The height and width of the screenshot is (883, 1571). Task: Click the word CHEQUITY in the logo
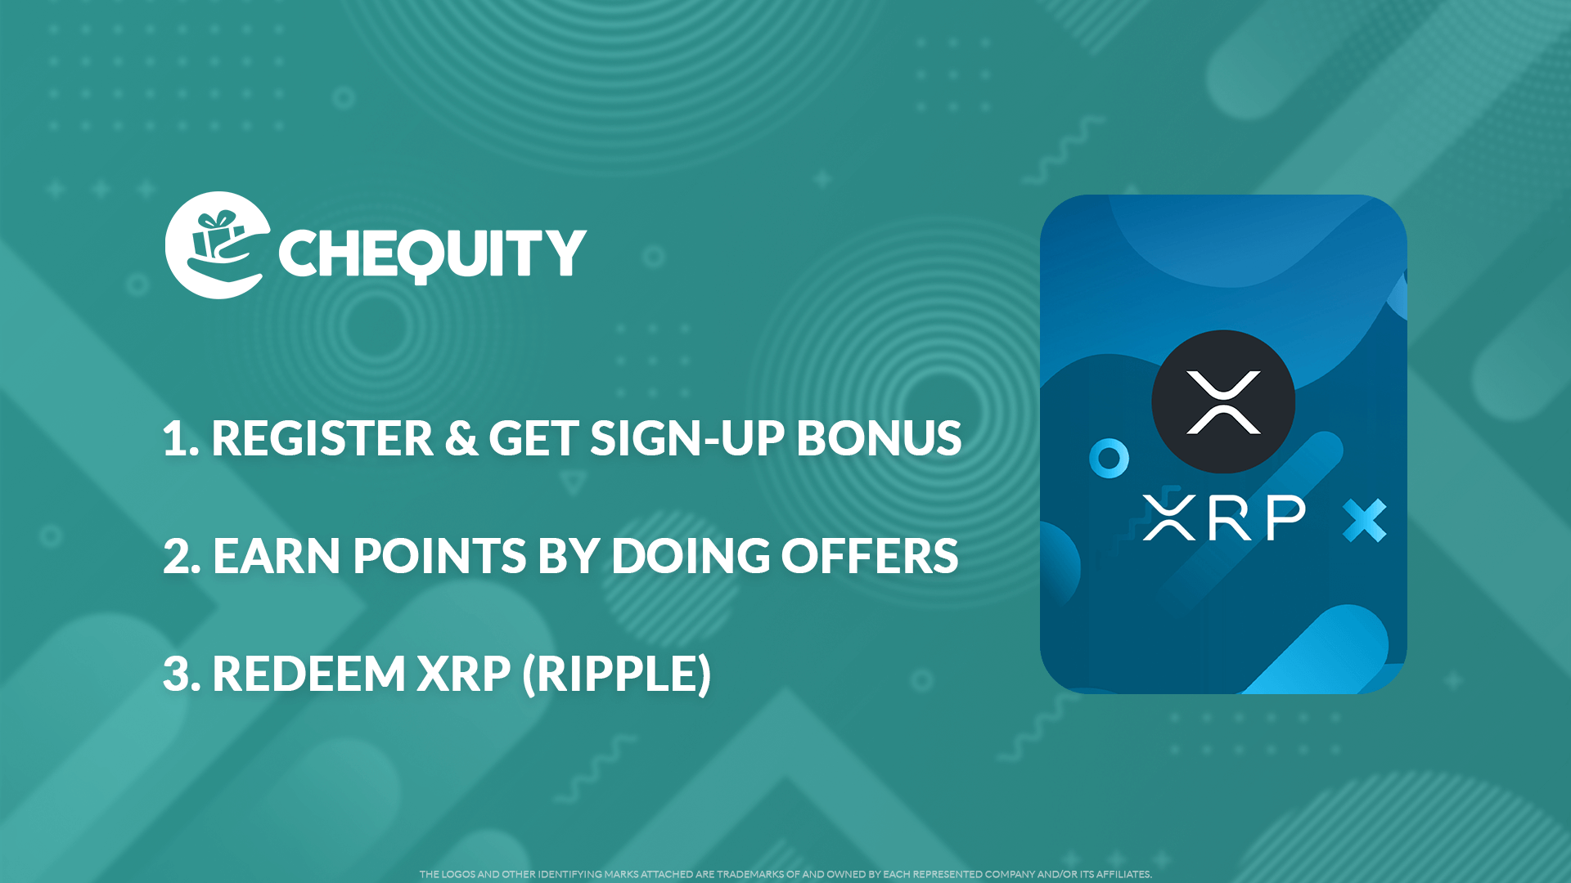(x=432, y=253)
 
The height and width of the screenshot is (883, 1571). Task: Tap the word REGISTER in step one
(x=322, y=439)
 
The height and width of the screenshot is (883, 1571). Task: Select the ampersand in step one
(x=461, y=439)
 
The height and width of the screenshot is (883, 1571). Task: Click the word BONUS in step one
(x=879, y=439)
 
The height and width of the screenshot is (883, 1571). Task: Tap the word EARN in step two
(x=276, y=557)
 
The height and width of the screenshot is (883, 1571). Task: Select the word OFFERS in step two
(x=869, y=557)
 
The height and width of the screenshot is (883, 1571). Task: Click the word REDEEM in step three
(x=308, y=675)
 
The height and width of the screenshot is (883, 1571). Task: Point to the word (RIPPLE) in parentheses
(x=617, y=675)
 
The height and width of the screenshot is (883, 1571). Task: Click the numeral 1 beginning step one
(x=175, y=439)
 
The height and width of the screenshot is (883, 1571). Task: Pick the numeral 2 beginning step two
(x=179, y=557)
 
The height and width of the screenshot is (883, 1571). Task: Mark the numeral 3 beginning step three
(x=178, y=675)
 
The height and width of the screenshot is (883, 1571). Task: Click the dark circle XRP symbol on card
(x=1223, y=401)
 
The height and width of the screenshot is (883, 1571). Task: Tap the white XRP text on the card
(x=1223, y=518)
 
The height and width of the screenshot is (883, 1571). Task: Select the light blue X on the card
(x=1364, y=520)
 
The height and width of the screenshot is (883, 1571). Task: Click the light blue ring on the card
(x=1109, y=459)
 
